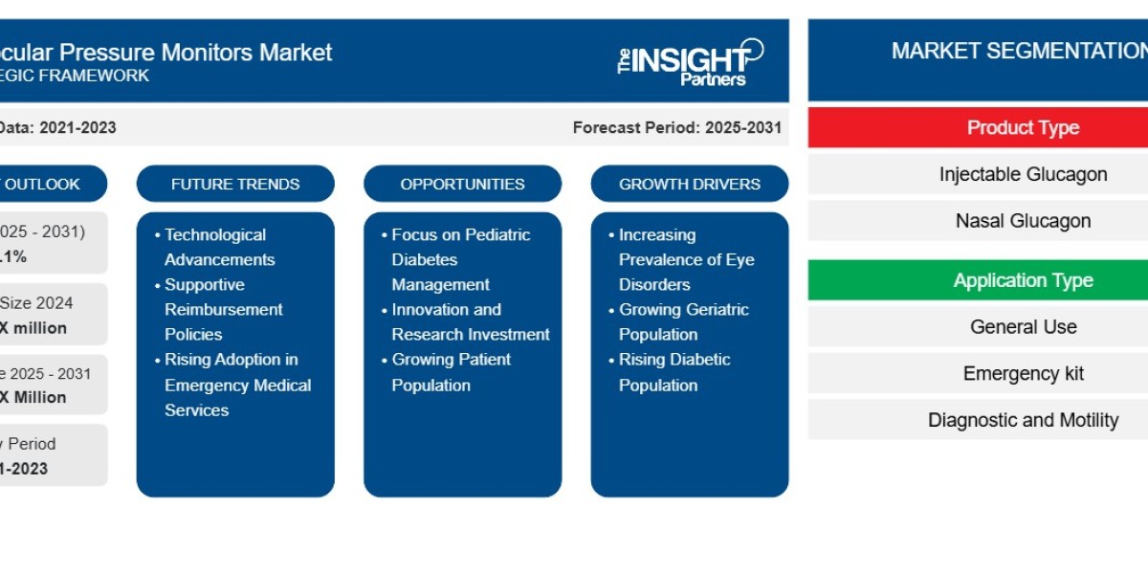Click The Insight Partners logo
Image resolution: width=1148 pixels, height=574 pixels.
click(690, 62)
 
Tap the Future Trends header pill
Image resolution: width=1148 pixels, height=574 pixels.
click(235, 184)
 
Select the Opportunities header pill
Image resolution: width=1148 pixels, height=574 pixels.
click(462, 184)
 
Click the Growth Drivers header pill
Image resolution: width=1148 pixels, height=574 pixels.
click(689, 184)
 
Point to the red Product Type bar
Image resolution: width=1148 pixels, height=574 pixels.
click(1023, 127)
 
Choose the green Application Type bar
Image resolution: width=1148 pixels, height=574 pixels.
click(1023, 280)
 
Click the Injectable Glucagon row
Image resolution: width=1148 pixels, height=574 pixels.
click(1023, 174)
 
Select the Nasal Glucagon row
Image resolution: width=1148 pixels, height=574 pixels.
click(1023, 221)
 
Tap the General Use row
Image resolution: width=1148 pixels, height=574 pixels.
click(1023, 327)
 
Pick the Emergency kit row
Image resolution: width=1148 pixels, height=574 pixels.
click(1023, 373)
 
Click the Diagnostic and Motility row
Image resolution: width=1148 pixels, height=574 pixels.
click(1023, 420)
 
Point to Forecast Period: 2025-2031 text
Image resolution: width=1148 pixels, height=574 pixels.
click(676, 127)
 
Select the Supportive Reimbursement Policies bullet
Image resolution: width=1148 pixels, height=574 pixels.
click(223, 309)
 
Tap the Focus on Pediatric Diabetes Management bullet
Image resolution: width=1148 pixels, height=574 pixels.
click(459, 259)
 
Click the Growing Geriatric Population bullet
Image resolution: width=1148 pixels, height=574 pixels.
click(682, 321)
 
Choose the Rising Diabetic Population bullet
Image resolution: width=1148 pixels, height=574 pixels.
click(673, 372)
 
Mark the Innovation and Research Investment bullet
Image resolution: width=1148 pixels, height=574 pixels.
click(470, 321)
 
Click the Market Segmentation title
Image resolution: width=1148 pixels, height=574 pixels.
click(1019, 52)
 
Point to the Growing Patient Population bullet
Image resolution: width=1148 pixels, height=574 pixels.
click(451, 372)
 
